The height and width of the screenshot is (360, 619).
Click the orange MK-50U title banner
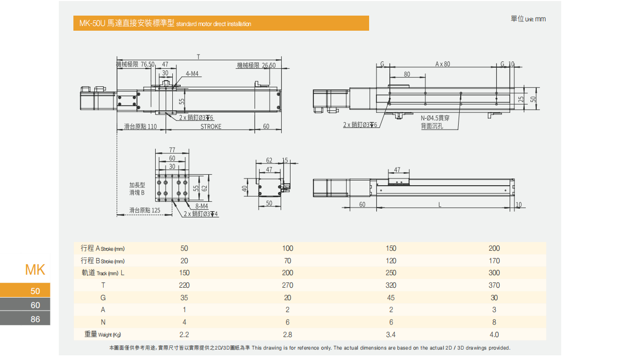click(x=221, y=23)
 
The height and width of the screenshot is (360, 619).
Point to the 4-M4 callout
click(x=192, y=74)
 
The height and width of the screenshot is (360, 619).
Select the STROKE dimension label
click(x=211, y=126)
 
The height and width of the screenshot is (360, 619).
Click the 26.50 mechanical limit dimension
click(x=269, y=66)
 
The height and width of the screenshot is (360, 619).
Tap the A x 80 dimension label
click(x=443, y=64)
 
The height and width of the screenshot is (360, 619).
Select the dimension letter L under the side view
click(x=440, y=204)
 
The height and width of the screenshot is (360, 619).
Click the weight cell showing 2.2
click(x=184, y=335)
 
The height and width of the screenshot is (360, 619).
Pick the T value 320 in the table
click(x=391, y=285)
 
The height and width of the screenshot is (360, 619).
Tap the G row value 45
click(x=391, y=298)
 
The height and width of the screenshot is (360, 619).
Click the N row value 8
click(x=494, y=322)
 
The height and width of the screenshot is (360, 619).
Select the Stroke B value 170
click(x=494, y=261)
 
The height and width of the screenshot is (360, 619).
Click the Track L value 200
click(x=287, y=273)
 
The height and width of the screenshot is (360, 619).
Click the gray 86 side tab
click(x=26, y=319)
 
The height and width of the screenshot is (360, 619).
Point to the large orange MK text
click(x=35, y=269)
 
